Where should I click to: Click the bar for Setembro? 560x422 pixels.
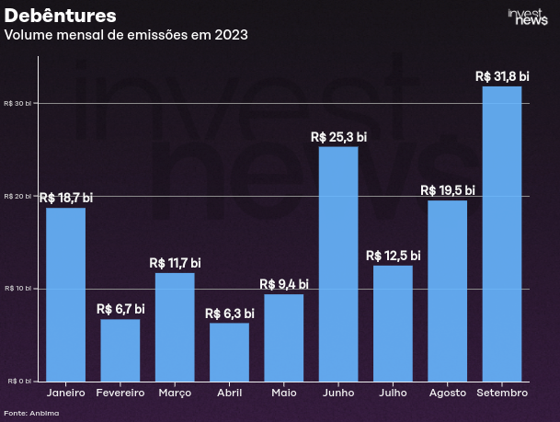click(502, 234)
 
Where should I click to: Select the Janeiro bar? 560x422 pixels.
click(65, 294)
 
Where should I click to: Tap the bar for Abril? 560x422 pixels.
click(229, 352)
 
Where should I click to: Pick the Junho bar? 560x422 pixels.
click(338, 264)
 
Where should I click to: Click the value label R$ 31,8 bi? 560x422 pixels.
click(502, 76)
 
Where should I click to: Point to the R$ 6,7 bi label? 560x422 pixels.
click(120, 309)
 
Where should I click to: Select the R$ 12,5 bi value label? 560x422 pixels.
click(394, 256)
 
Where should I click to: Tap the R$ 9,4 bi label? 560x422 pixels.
click(284, 284)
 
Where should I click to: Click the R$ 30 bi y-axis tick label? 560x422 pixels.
click(17, 103)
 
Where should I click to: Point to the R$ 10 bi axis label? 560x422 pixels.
click(17, 289)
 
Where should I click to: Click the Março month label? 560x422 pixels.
click(175, 393)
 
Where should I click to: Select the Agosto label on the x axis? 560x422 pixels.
click(448, 393)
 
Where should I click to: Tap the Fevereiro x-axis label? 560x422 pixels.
click(120, 393)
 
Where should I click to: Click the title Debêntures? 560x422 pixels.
click(61, 16)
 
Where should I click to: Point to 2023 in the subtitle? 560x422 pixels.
click(231, 35)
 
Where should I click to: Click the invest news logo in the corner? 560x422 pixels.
click(528, 17)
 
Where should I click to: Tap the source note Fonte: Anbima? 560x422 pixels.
click(31, 413)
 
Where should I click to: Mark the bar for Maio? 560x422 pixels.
click(284, 337)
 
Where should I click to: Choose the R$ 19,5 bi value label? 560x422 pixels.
click(448, 190)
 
